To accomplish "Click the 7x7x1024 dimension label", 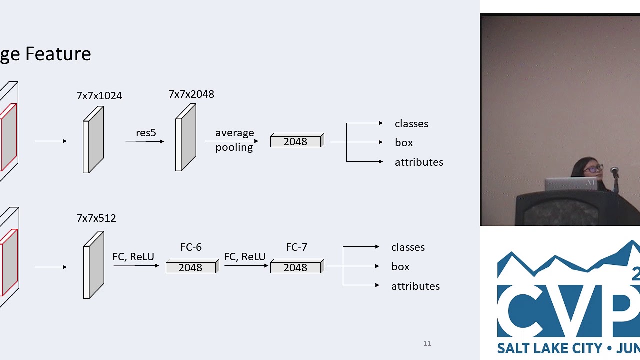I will (99, 96).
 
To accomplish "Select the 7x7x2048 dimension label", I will (191, 94).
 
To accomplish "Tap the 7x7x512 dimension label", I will (96, 218).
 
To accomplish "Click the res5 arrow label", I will (146, 133).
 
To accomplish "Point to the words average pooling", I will (234, 140).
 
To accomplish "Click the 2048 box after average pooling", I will (296, 142).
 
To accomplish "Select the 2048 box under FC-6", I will (191, 268).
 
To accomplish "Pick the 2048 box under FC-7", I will (296, 268).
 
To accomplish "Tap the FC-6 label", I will (191, 247).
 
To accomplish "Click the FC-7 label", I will (296, 247).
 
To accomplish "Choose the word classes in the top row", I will (411, 124).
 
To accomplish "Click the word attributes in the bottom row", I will (415, 286).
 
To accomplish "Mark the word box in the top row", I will (404, 143).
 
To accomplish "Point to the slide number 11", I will (427, 343).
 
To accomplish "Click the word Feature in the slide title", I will (58, 54).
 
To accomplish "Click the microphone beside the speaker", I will (614, 173).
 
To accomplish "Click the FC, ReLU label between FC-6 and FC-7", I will (245, 257).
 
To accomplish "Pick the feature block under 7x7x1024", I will (93, 140).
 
